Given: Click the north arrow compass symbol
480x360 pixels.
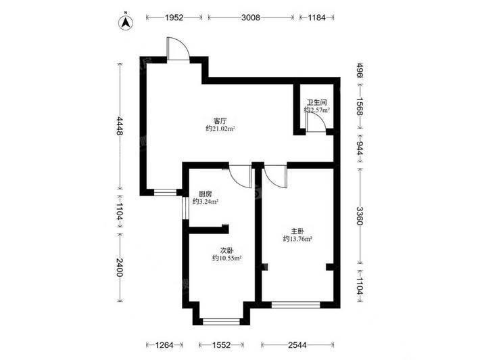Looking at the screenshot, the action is pos(126,22).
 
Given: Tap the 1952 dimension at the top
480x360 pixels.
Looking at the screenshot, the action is pos(174,18).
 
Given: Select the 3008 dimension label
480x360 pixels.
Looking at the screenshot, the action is pos(251,18).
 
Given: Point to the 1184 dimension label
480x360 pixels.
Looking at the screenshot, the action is pos(316,18).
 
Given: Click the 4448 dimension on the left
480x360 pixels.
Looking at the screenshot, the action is pos(120,126).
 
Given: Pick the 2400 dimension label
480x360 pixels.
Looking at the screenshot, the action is pos(120,267).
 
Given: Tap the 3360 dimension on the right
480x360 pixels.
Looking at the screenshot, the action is pos(360,216).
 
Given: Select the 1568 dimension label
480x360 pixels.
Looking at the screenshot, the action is pos(360,107).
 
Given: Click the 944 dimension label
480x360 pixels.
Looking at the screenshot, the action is pos(360,148).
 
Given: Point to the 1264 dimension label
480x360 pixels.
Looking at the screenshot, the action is pos(164,345).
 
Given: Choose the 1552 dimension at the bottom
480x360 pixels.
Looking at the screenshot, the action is pos(221,345).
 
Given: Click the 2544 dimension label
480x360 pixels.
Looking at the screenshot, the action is pos(297,345).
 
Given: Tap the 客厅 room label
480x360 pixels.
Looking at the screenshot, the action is pos(220,120).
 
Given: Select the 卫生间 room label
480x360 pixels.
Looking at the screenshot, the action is pos(317,102).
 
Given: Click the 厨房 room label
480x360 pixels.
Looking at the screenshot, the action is pos(205,194).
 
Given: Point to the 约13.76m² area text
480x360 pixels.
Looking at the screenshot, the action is pos(297,239).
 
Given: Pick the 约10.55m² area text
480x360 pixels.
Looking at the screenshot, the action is pos(227,258).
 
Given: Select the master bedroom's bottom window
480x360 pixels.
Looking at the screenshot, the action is pos(295,305).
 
